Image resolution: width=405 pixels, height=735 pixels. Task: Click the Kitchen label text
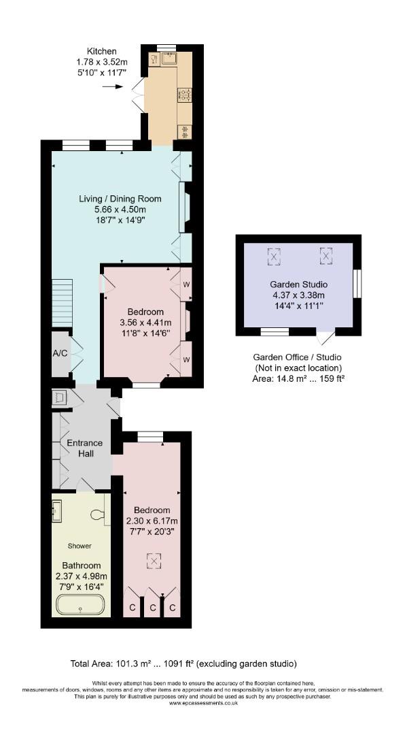click(102, 51)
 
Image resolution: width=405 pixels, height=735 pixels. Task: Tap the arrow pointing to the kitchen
click(112, 86)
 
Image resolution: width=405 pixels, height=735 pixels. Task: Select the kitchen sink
click(169, 58)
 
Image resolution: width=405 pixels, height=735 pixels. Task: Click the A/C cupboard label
click(60, 353)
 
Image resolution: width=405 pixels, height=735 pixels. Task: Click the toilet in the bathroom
click(99, 514)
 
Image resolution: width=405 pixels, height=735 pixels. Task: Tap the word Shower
click(80, 546)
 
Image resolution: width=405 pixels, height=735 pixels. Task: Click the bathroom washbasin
click(57, 510)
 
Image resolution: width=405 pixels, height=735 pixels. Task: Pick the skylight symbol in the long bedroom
click(153, 559)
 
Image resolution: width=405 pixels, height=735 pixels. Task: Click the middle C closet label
click(153, 608)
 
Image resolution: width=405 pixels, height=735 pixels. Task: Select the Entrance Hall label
click(84, 448)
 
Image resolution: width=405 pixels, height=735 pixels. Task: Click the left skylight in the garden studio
click(274, 257)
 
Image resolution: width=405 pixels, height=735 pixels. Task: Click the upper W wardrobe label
click(186, 284)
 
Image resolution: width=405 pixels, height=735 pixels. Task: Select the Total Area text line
click(183, 664)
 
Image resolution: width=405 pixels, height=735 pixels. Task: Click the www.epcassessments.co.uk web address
click(203, 702)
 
